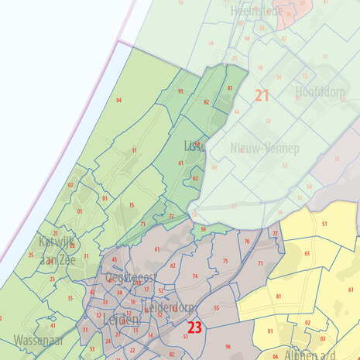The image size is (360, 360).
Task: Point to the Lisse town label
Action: coord(194,146)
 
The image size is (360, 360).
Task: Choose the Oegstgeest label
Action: coord(131,279)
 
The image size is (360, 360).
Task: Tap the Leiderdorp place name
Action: coord(169,307)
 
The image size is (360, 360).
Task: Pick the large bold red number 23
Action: coord(194,327)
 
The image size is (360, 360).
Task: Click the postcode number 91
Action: coord(180,91)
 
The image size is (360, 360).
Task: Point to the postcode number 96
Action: coord(228,346)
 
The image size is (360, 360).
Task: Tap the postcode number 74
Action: coord(194,276)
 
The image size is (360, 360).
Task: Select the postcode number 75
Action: coord(225,261)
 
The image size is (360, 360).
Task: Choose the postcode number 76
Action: coord(246,242)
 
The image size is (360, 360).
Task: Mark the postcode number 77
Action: coord(275,233)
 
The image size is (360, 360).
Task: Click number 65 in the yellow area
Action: coord(307,254)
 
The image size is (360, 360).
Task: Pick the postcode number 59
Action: coord(203,229)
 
